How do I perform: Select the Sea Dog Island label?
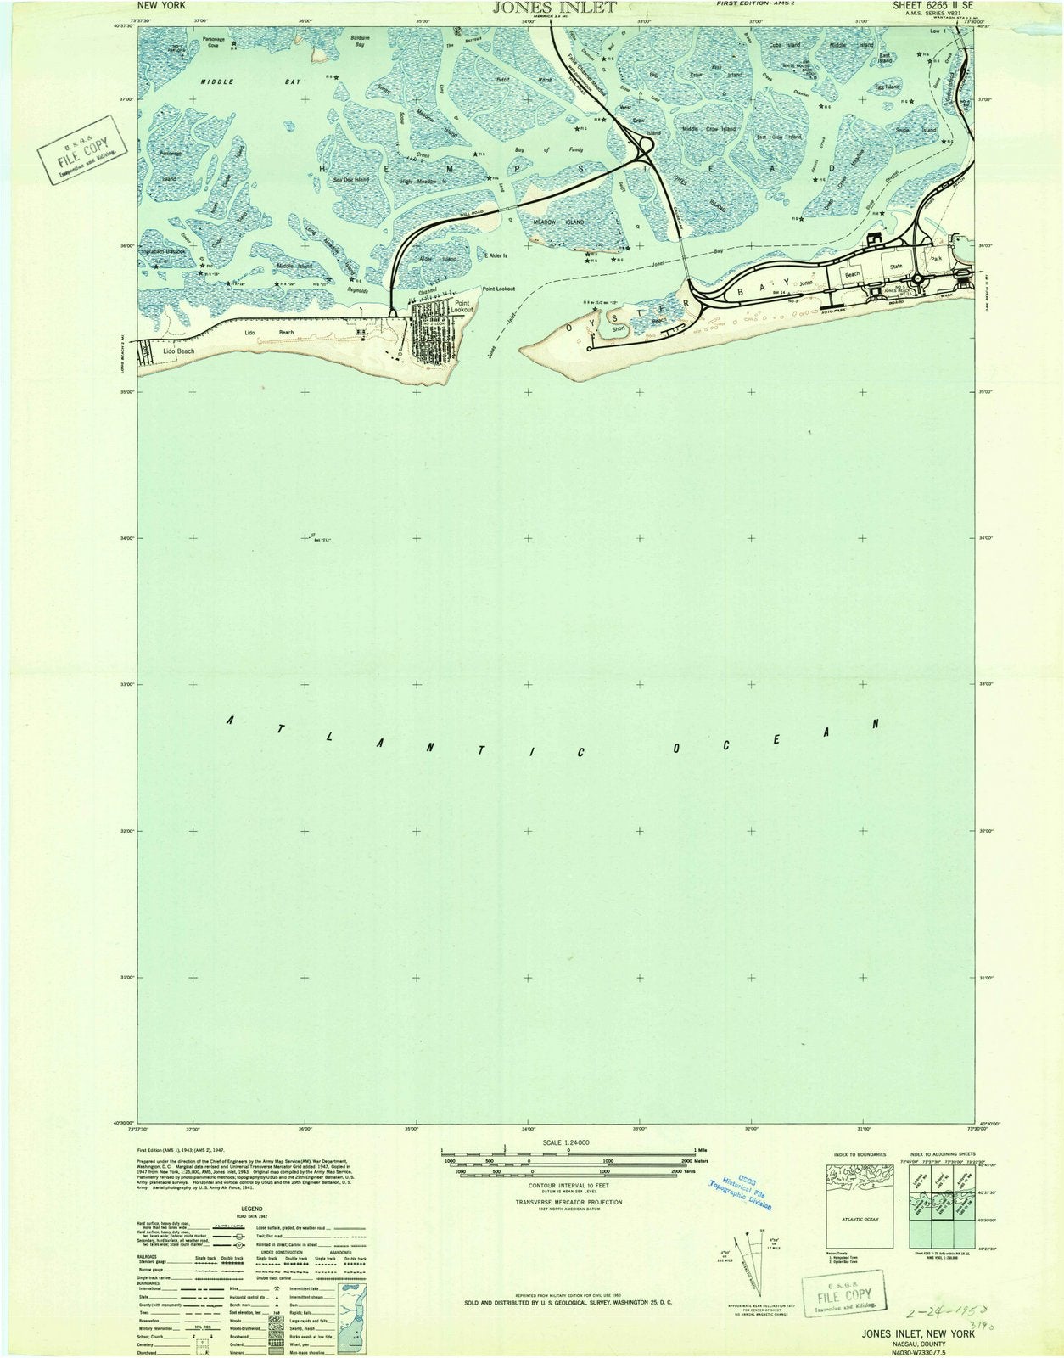click(x=350, y=180)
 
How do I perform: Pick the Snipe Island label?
click(x=916, y=130)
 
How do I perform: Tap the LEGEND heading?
click(x=251, y=1209)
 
